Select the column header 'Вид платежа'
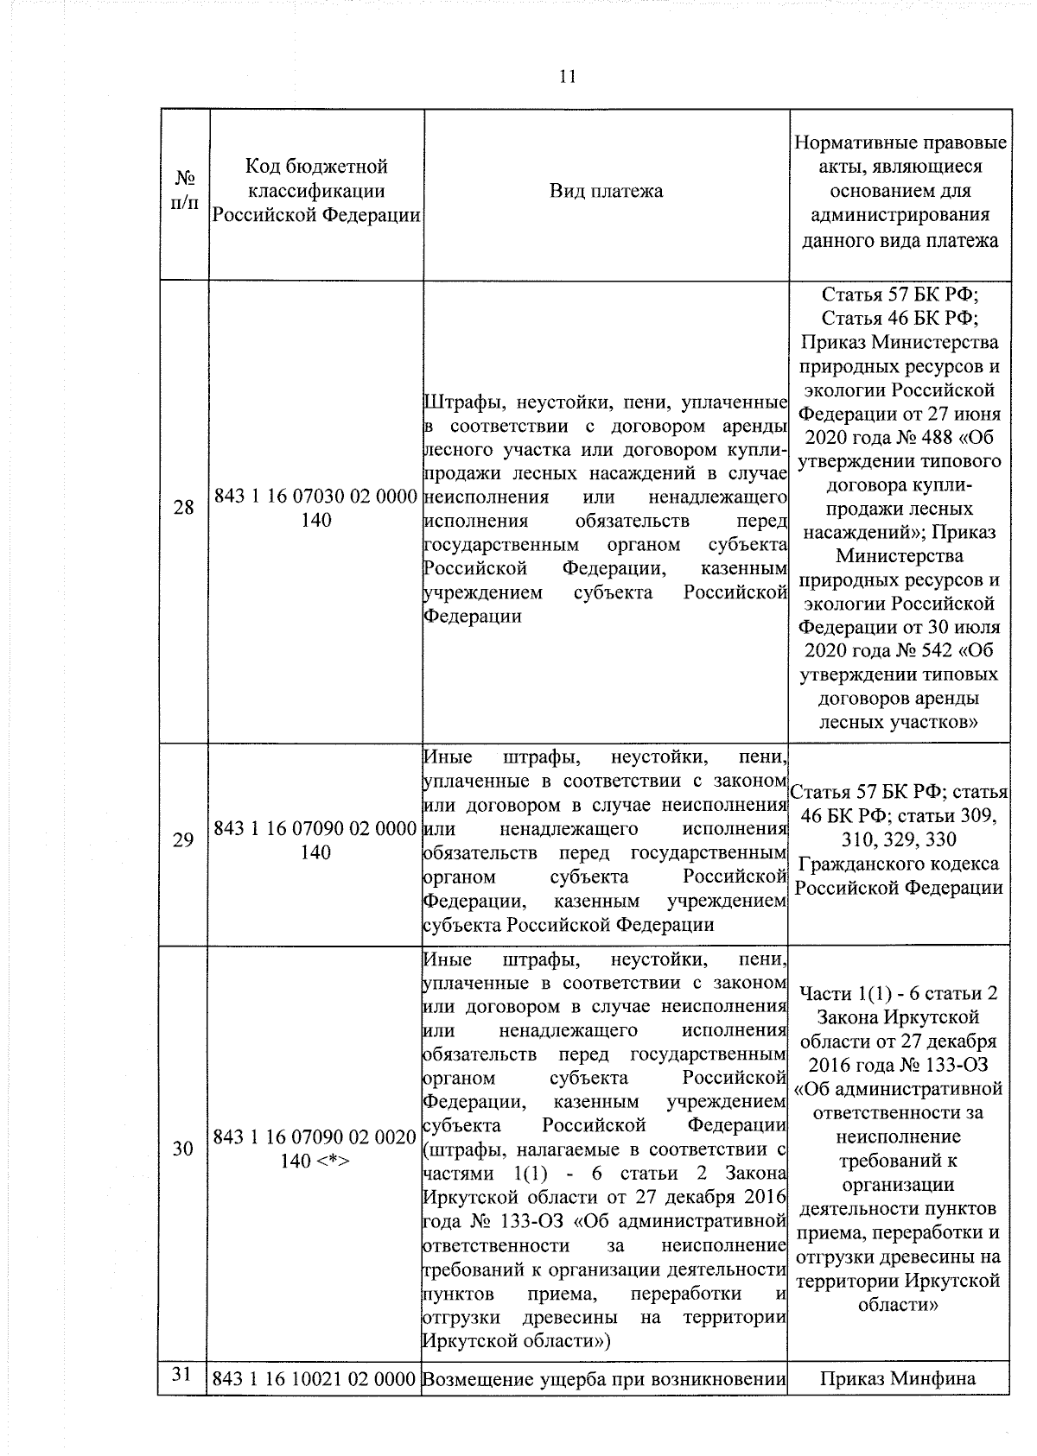(x=606, y=191)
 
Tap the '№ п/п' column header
(x=184, y=191)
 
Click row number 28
(x=184, y=508)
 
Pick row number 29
(x=184, y=839)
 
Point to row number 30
(x=184, y=1149)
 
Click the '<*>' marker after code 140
(x=331, y=1162)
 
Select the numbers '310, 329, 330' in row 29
(x=900, y=839)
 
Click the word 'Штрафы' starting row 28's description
(x=458, y=402)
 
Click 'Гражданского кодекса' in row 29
(x=899, y=864)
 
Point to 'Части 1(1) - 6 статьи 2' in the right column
(x=899, y=993)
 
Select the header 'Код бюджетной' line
(x=316, y=166)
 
